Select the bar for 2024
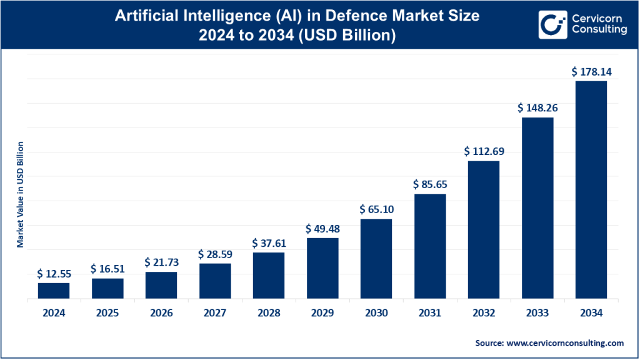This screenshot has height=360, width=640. pos(54,291)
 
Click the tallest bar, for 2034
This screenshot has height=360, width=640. pos(591,190)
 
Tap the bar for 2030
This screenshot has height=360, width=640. pos(376,259)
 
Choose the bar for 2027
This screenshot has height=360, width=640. pos(215,281)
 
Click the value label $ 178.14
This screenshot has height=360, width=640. pos(591,72)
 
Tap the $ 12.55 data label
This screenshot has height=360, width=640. pos(54,274)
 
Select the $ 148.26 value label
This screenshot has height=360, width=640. pos(537,107)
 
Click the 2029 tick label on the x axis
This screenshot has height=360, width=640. pos(322,313)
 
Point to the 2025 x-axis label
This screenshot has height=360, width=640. pos(107,313)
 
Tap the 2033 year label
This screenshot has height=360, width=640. pos(537,313)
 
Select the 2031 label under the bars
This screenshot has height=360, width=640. pos(430,313)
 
